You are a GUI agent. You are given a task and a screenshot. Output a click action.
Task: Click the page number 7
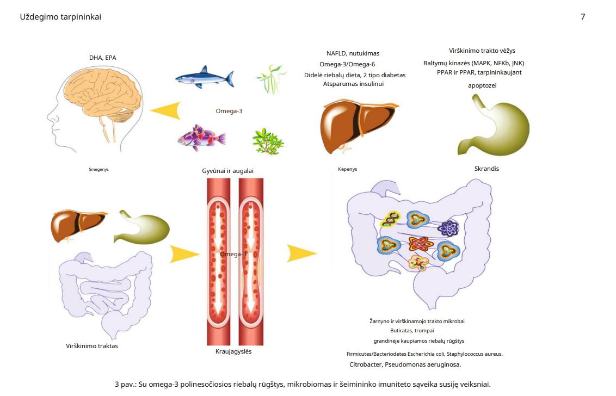[583, 17]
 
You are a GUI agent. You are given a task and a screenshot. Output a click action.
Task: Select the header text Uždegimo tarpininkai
[60, 17]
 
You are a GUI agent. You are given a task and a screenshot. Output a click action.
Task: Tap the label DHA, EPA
[103, 58]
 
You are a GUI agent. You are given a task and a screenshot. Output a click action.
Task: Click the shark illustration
[205, 77]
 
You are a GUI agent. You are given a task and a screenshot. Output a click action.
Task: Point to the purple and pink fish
[201, 138]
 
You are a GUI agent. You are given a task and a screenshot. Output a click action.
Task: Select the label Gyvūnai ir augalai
[227, 171]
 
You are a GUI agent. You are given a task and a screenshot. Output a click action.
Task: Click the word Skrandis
[486, 169]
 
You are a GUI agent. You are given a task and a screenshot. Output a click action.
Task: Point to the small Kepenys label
[347, 170]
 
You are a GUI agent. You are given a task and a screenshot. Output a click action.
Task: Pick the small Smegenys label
[98, 170]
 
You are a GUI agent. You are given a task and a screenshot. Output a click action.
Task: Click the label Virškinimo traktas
[92, 346]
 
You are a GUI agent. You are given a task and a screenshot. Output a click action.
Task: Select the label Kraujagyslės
[233, 351]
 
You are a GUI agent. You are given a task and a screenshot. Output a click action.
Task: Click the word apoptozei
[482, 85]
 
